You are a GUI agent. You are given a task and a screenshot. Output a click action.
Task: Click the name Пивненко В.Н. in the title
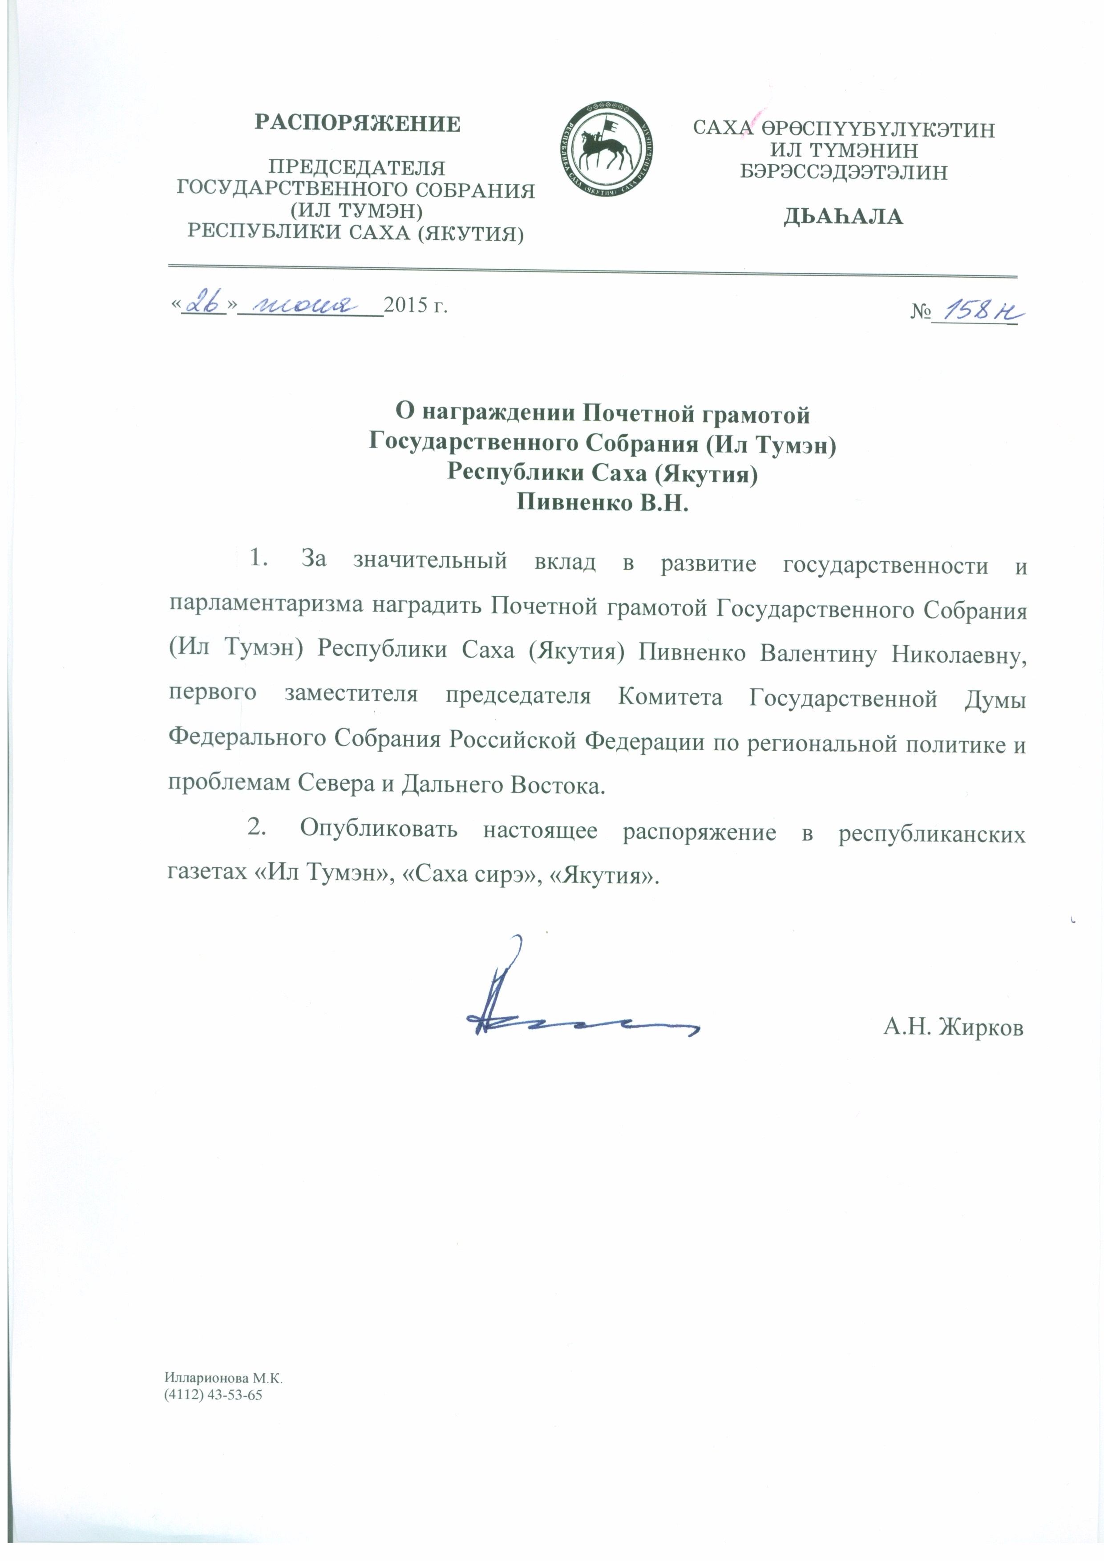[x=603, y=502]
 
